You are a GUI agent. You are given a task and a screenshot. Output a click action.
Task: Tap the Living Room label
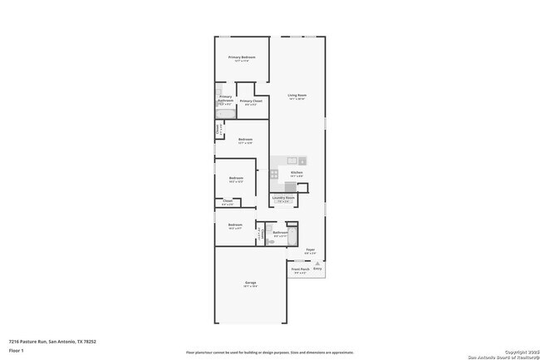tap(297, 96)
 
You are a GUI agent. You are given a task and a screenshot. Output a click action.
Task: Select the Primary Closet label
tap(251, 101)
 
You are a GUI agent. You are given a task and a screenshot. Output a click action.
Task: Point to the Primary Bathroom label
tap(225, 98)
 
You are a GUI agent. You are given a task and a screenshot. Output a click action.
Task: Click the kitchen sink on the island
tap(292, 160)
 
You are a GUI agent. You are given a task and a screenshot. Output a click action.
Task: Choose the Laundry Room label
tap(284, 198)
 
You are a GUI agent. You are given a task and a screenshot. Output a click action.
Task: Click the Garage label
tap(250, 284)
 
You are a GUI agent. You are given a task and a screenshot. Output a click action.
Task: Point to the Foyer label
tap(310, 249)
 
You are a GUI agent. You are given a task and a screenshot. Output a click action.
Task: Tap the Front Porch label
tap(299, 269)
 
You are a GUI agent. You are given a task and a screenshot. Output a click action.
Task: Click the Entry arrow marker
tap(317, 264)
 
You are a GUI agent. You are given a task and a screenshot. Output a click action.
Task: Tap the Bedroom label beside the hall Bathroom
tap(235, 224)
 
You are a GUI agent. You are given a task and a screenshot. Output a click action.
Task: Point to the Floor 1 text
tap(16, 350)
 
